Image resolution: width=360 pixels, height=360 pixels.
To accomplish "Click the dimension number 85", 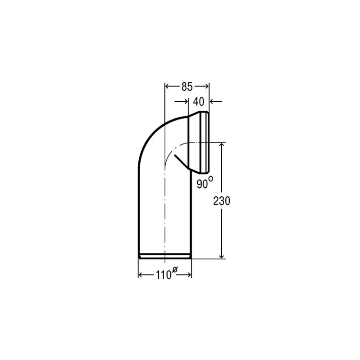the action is (x=187, y=87).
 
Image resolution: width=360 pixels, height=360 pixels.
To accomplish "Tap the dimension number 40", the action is (x=198, y=102).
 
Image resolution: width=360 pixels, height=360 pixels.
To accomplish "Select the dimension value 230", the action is (x=222, y=201).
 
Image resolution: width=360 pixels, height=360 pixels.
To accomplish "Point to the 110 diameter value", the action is (x=164, y=275).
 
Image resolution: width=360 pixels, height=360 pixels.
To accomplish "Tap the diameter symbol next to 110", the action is (x=175, y=269).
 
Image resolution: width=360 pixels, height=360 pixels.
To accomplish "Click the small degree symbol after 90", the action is (x=211, y=179).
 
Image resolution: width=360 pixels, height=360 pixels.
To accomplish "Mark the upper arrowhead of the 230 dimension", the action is (x=222, y=145).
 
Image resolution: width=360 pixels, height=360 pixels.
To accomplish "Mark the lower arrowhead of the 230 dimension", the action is (x=222, y=256).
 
